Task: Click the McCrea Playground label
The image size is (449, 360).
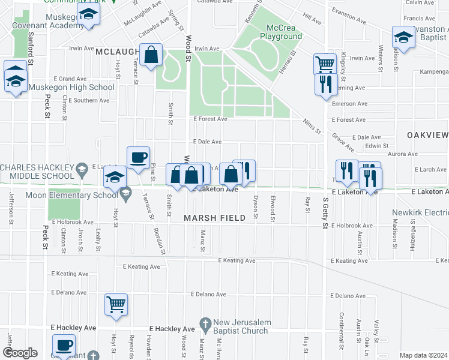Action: tap(277, 32)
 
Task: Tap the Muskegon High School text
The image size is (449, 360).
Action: tap(71, 88)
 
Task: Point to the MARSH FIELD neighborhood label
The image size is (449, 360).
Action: tap(215, 218)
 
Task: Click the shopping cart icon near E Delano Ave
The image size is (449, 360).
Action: tap(116, 304)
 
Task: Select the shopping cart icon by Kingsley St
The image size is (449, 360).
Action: tap(325, 63)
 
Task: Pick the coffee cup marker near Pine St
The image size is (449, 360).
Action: tap(138, 157)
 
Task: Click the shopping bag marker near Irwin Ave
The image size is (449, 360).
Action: tap(151, 55)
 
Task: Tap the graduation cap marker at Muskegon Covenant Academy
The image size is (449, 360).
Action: tap(89, 16)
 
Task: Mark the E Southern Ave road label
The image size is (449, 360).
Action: tap(89, 100)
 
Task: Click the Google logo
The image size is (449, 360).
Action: tap(19, 353)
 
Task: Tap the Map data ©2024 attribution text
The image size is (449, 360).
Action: tap(423, 355)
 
